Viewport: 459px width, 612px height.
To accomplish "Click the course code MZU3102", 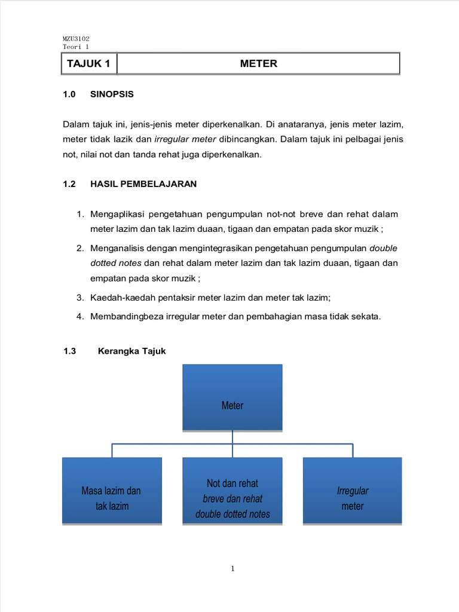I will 76,38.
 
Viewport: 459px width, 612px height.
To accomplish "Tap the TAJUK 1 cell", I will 88,63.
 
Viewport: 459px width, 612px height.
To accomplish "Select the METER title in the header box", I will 258,63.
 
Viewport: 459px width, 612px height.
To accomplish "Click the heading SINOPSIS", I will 112,94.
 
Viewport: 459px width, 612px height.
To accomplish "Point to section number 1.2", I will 69,184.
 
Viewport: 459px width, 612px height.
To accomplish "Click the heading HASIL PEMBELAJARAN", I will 143,184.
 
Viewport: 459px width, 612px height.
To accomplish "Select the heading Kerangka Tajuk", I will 131,351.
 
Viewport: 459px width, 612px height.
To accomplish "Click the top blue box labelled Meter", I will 232,397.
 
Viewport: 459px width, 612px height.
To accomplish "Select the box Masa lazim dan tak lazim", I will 112,491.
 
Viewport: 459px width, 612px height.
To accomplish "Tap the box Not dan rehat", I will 232,491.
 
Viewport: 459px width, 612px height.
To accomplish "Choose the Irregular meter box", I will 352,491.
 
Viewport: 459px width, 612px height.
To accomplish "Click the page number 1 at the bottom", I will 232,568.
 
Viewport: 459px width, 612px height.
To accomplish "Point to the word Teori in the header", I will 72,47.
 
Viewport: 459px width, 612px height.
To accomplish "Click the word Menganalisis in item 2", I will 118,248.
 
